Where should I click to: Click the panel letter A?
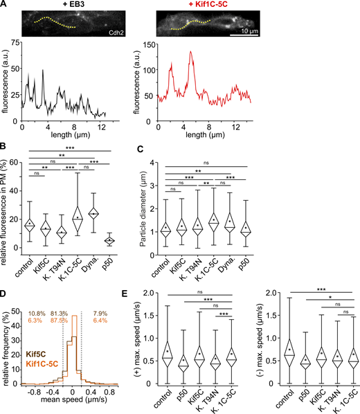click(4, 5)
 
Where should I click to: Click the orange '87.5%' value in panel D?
click(78, 302)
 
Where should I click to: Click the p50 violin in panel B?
click(125, 240)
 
